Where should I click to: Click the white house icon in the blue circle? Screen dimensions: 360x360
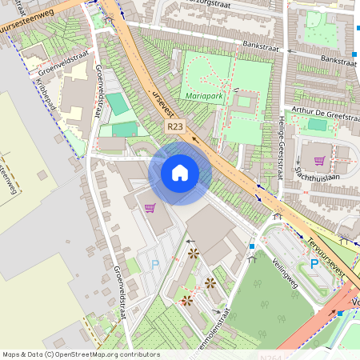180,172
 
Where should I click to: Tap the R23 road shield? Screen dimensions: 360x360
176,126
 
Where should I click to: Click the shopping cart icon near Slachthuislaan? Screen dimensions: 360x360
319,160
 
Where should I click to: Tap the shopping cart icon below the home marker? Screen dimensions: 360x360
150,208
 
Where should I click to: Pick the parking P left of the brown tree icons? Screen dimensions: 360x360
154,263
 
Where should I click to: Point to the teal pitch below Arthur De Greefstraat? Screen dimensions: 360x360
318,124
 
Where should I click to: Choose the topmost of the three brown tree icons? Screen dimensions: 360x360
194,254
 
